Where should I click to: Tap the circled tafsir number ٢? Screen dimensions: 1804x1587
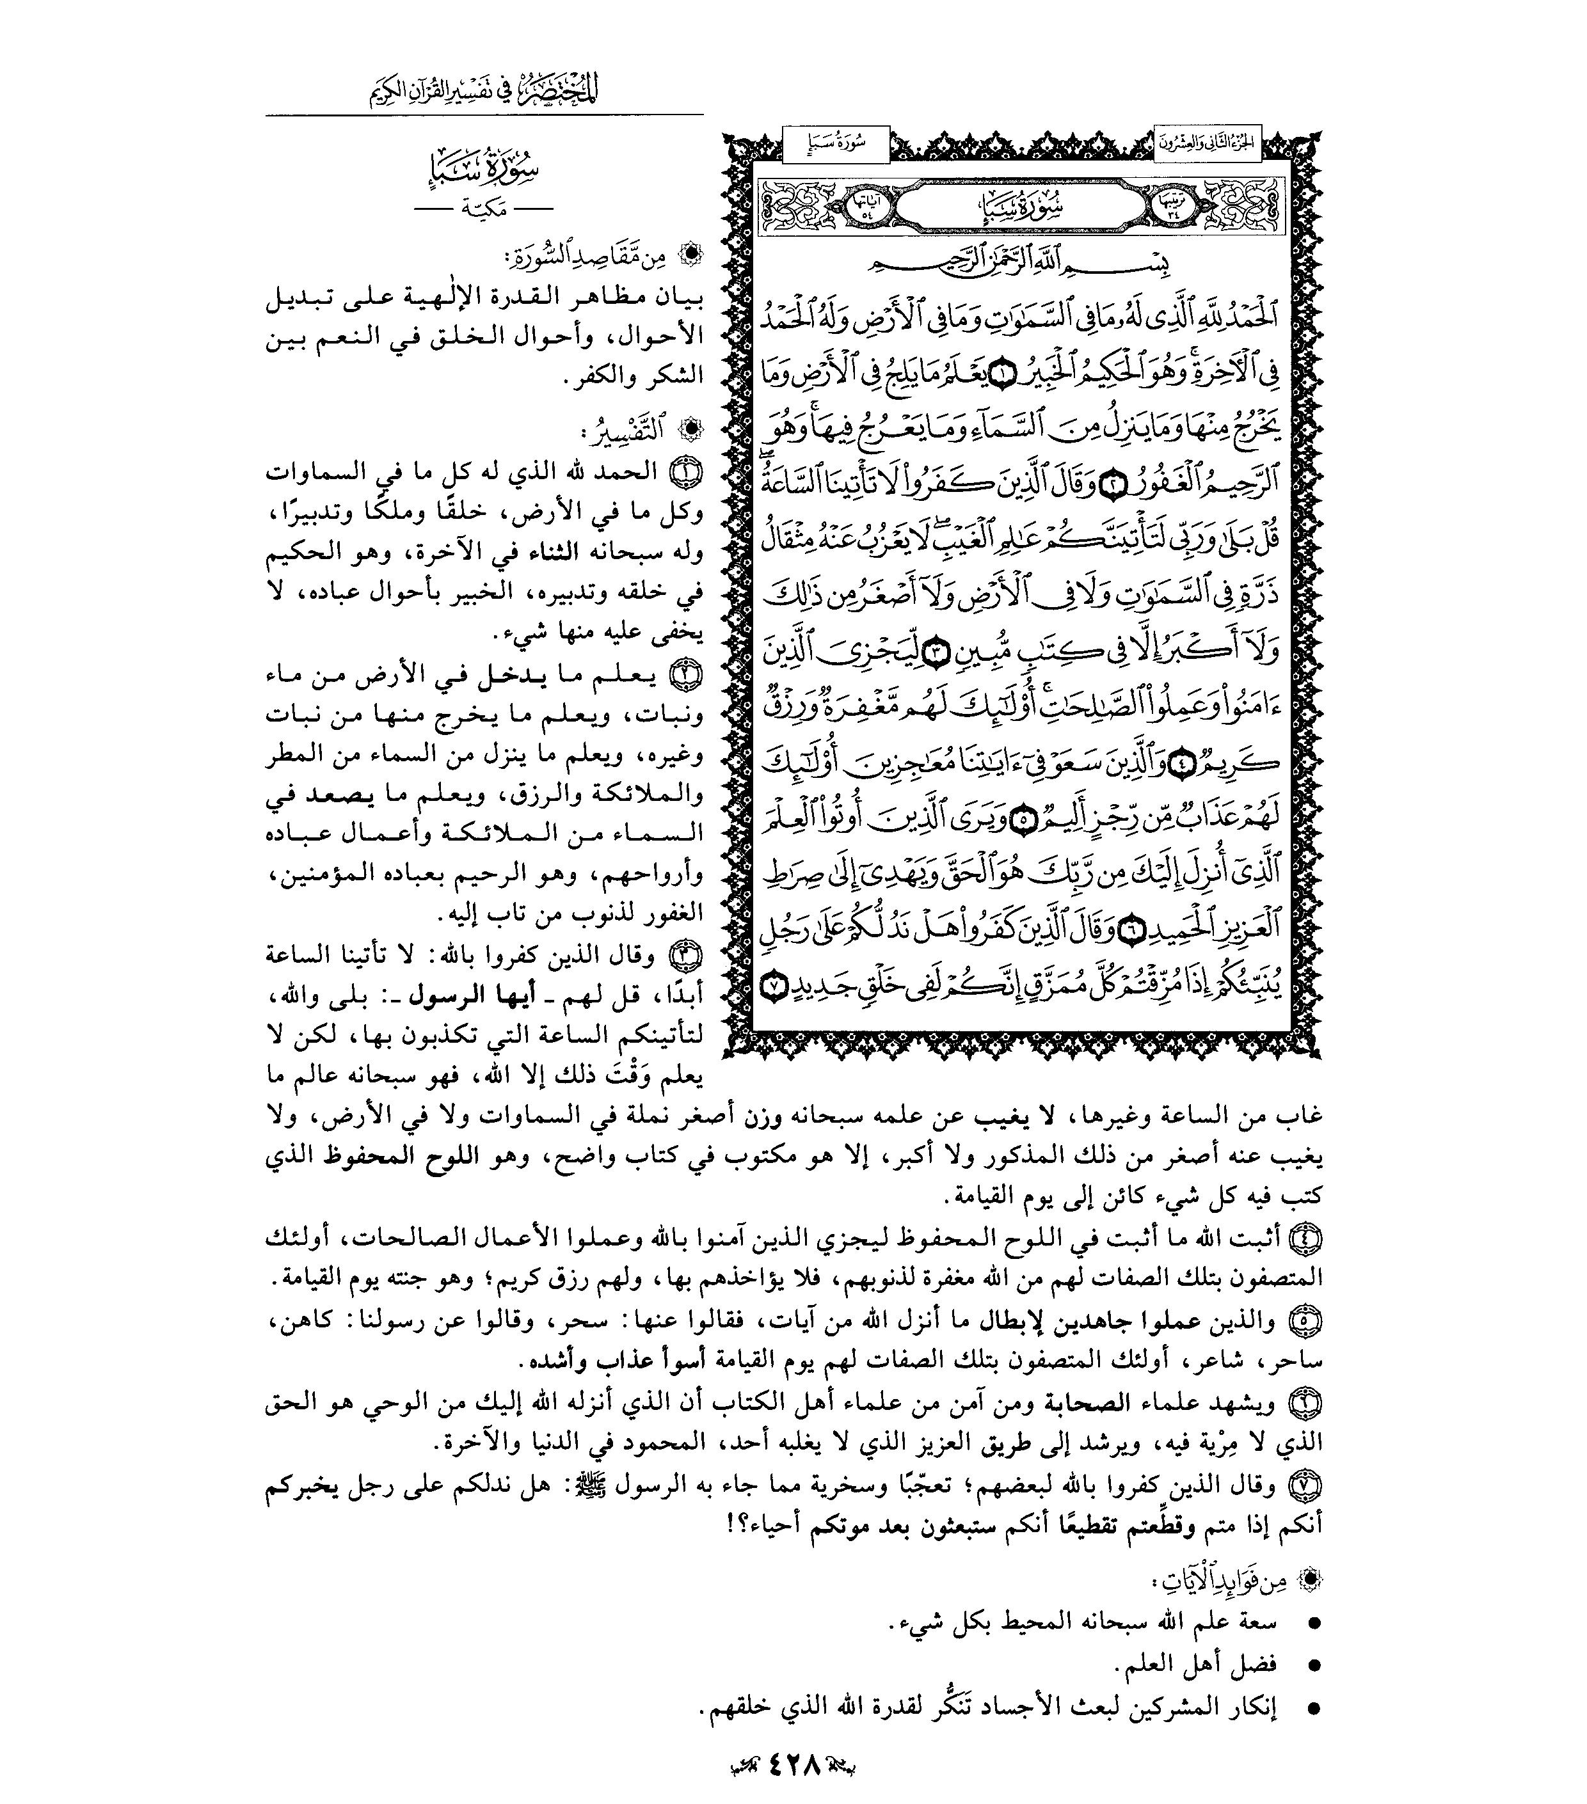(687, 674)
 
